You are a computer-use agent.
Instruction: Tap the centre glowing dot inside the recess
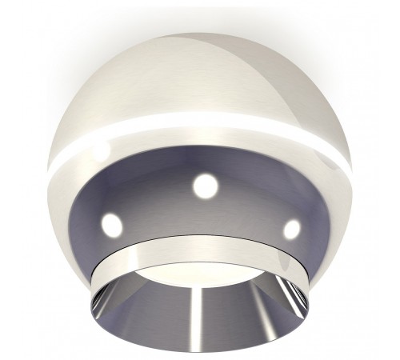[x=206, y=186]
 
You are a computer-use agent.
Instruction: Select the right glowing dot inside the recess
[x=292, y=229]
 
